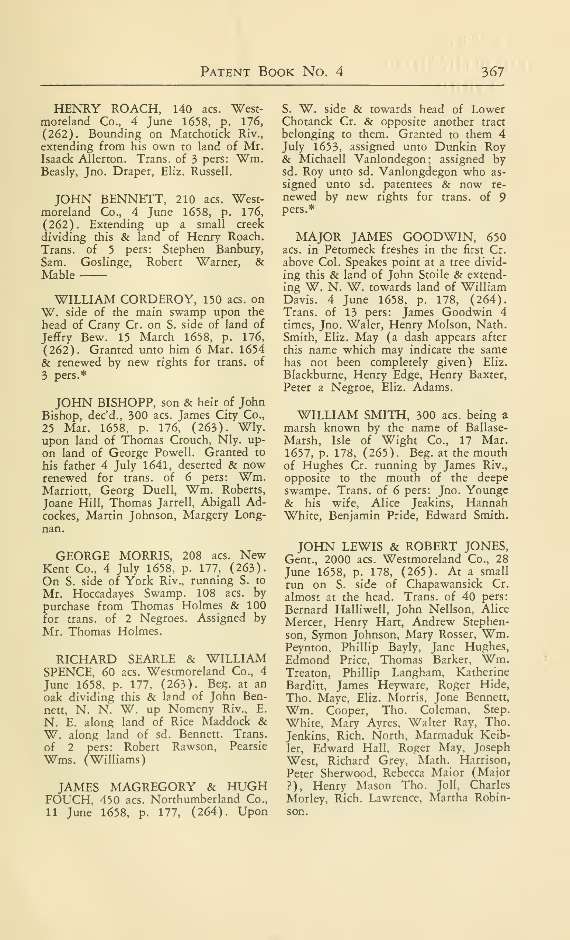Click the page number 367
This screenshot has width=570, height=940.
tap(493, 72)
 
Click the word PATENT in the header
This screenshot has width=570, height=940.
tap(225, 72)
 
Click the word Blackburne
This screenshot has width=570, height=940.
tap(314, 375)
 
